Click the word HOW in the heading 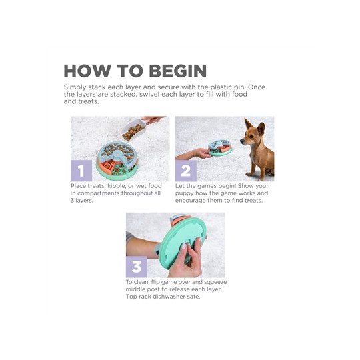point(87,71)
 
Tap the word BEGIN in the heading point(178,71)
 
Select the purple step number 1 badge point(81,171)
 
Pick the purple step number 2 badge point(186,171)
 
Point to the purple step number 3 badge point(137,267)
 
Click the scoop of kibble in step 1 point(133,130)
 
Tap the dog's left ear point(261,129)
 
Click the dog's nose point(241,140)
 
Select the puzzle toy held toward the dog point(220,148)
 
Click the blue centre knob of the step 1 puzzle point(117,153)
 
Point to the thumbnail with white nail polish point(184,246)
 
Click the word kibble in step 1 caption point(116,186)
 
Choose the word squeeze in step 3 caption point(215,282)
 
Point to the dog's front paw point(249,174)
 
